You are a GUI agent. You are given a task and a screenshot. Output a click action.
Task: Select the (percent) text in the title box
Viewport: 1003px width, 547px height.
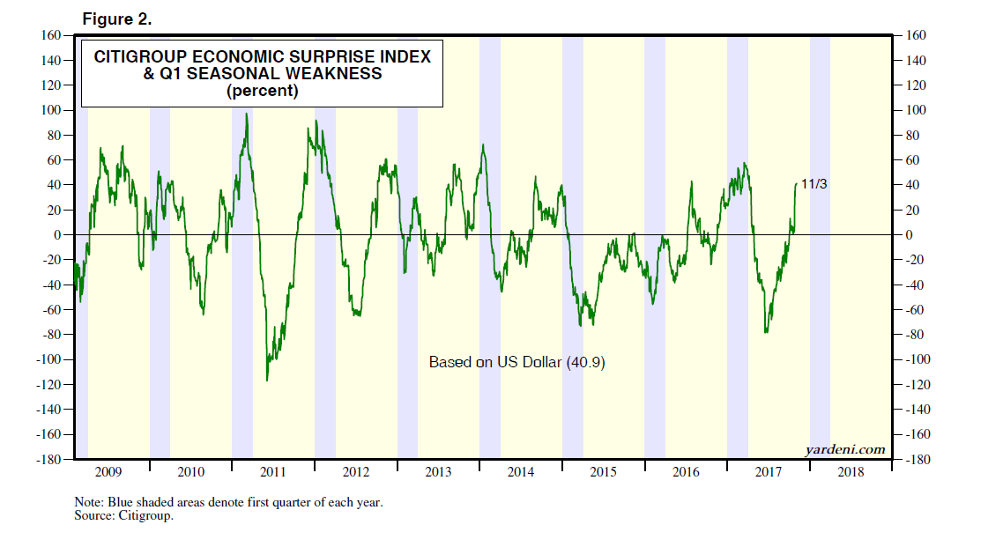point(263,91)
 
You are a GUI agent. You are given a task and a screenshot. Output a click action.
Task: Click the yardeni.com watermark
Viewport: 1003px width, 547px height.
point(845,449)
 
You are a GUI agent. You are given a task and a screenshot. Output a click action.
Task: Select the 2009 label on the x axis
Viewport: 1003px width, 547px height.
point(108,472)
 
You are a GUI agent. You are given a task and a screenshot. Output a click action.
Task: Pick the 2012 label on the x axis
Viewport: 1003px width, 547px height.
point(356,472)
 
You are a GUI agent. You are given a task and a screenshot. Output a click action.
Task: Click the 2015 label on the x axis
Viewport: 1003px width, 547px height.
point(603,472)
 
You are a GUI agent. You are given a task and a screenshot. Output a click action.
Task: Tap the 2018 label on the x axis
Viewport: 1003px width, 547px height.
point(851,472)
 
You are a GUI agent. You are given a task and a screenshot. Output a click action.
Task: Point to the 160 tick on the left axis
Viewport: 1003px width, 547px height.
point(49,35)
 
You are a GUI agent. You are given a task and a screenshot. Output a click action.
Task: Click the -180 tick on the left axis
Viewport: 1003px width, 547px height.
point(48,460)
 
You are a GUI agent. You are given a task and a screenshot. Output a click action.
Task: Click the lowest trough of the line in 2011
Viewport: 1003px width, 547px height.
point(267,381)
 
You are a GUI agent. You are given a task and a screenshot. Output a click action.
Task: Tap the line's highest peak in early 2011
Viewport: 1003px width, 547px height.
point(246,114)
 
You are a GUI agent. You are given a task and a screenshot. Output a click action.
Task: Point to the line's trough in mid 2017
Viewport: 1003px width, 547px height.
point(766,332)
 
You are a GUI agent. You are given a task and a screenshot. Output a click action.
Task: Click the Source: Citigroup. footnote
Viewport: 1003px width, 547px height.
point(124,516)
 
